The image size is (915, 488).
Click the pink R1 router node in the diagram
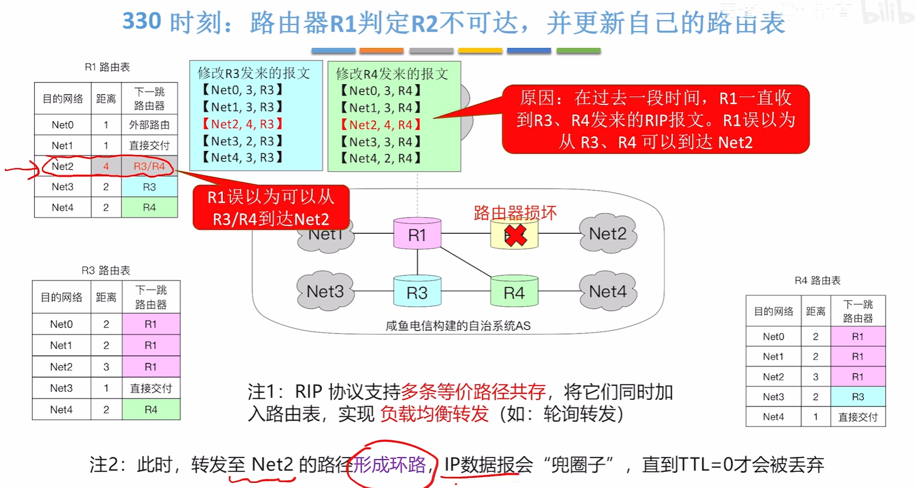coord(417,234)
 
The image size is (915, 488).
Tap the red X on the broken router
coord(516,235)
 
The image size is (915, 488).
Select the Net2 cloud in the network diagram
coord(608,234)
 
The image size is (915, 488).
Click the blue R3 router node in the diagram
coord(417,293)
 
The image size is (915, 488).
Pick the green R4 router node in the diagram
coord(514,293)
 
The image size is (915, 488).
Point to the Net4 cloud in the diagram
coord(608,292)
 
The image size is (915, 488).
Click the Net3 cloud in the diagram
coord(325,292)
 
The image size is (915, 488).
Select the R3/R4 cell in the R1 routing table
coord(149,166)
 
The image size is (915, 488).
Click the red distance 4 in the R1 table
coord(106,166)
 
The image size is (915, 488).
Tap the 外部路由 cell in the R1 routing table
coord(149,125)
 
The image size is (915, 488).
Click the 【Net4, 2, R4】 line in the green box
coord(381,158)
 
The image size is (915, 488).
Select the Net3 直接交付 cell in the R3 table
coord(151,388)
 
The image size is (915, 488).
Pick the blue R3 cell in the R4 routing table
coord(858,396)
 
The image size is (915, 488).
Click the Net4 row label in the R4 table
coord(773,417)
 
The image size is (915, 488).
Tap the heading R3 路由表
coord(106,270)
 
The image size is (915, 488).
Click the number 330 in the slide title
coord(142,22)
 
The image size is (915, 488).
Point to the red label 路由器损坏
coord(515,213)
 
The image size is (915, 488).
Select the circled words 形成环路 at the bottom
coord(389,464)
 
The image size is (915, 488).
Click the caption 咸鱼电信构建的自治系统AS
coord(458,326)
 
